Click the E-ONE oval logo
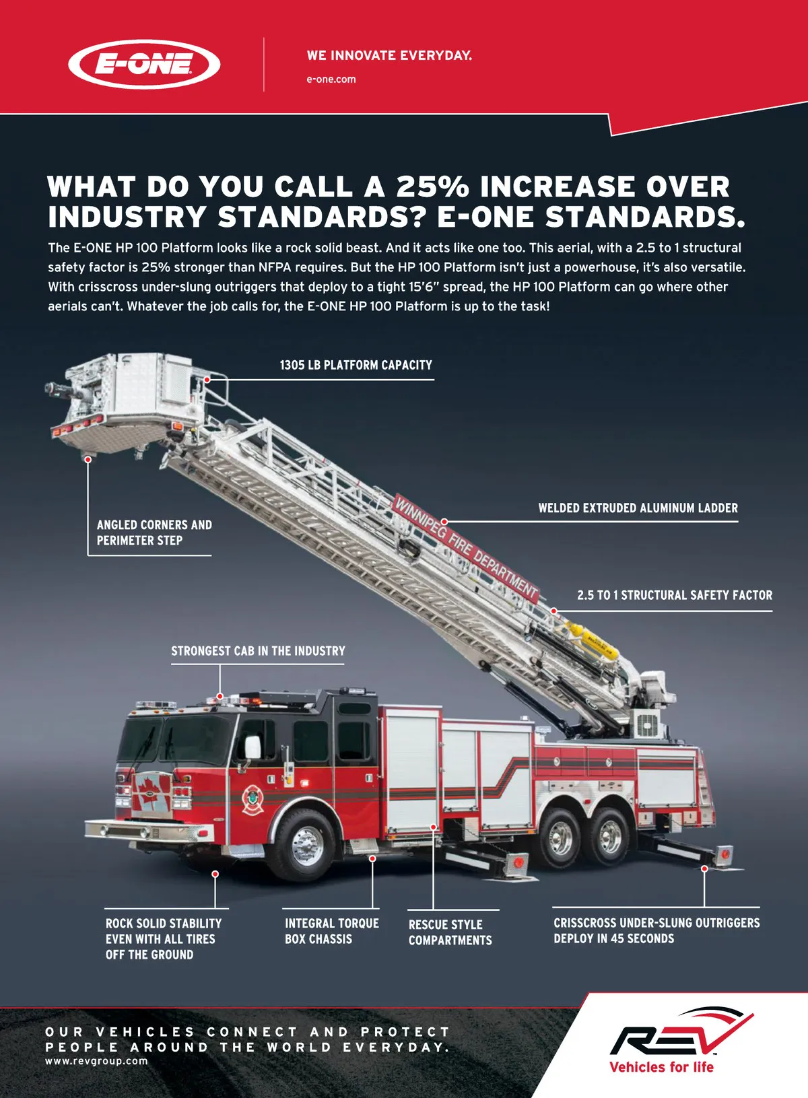pos(143,64)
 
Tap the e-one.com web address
pos(331,79)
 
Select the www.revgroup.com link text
pos(96,1061)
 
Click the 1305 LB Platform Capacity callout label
pos(356,365)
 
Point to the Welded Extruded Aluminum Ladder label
pos(638,508)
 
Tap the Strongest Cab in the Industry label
pos(258,651)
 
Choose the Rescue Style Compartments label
pos(450,932)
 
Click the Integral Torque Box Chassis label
pos(332,931)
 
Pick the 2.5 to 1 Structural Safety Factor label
pos(675,595)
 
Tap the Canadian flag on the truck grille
pos(152,793)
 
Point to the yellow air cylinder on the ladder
pos(593,640)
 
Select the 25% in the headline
pos(432,186)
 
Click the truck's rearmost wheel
pos(609,837)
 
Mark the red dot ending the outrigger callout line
pos(704,868)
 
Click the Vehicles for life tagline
pos(661,1067)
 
